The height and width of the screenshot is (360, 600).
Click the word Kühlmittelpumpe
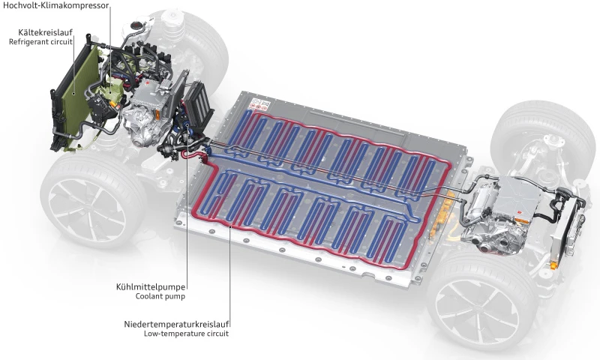coord(149,286)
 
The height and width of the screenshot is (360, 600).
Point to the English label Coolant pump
coord(160,296)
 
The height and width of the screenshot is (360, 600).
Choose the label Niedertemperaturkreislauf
coord(176,324)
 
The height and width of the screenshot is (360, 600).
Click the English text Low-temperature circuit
coord(185,334)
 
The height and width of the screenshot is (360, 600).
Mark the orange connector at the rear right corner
coord(555,265)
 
